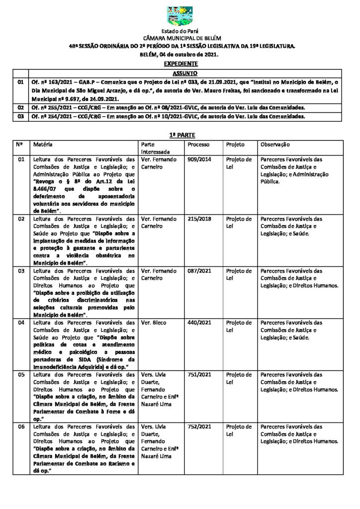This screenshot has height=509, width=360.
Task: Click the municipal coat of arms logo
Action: [x=180, y=16]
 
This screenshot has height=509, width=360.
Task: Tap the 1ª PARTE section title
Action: [x=180, y=135]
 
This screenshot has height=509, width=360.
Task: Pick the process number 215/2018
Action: [x=196, y=219]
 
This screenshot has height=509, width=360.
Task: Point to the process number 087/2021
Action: [x=196, y=271]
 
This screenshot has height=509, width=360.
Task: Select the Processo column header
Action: [x=198, y=144]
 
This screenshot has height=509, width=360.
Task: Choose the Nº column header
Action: [x=20, y=144]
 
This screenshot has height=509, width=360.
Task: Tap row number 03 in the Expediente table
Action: [x=20, y=116]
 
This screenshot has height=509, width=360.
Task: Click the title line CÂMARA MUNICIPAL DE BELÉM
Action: [x=180, y=38]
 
